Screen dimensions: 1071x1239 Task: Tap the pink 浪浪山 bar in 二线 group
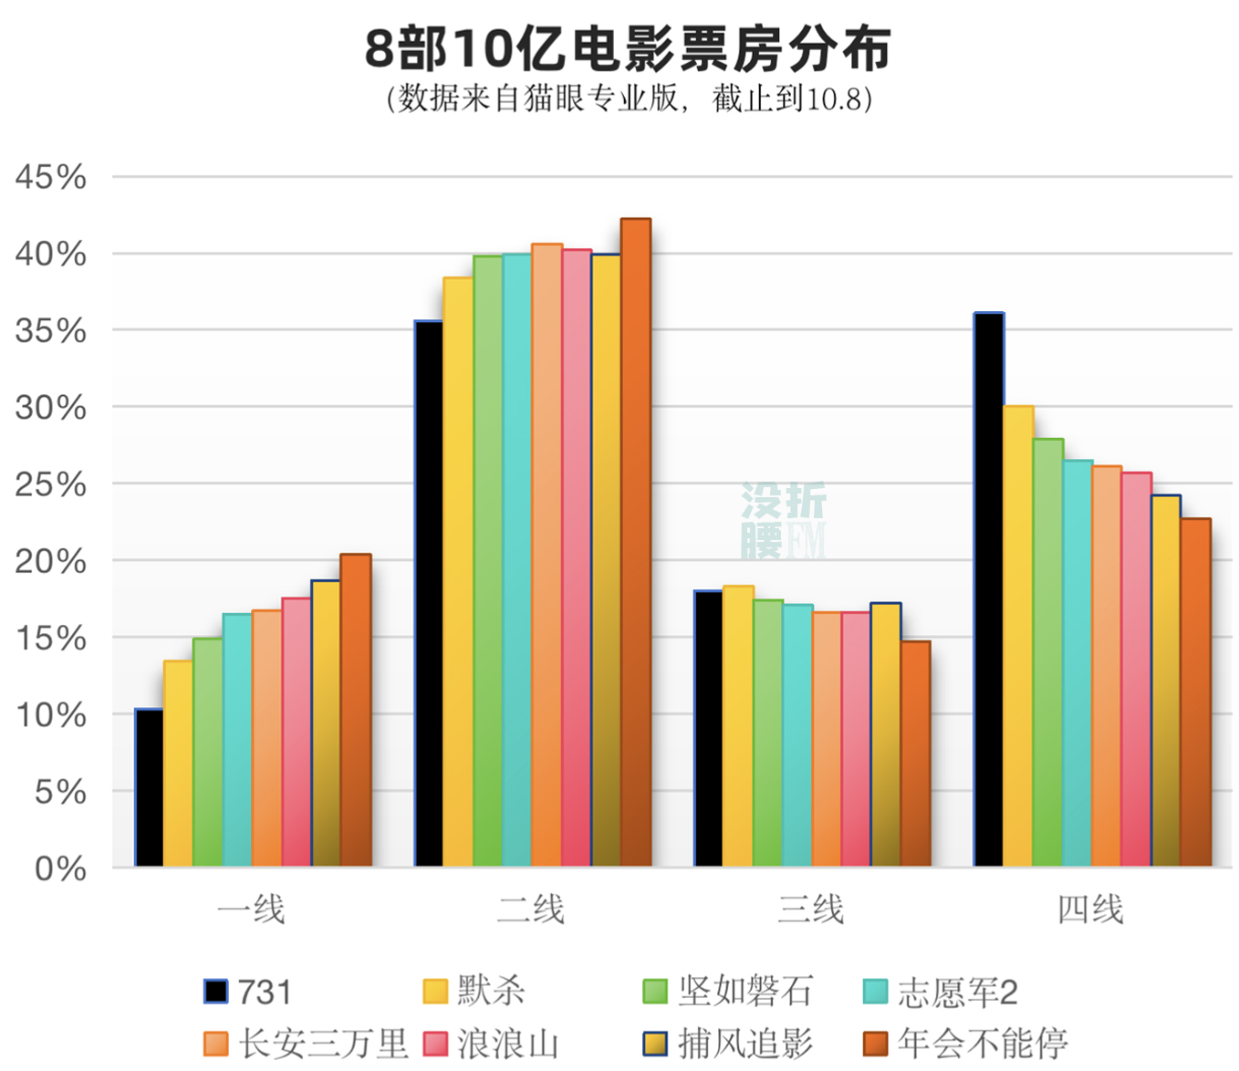click(x=577, y=557)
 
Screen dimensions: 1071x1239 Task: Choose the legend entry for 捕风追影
click(x=728, y=1044)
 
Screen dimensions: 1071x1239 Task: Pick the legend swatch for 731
click(x=215, y=992)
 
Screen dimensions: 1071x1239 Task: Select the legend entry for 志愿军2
click(x=940, y=992)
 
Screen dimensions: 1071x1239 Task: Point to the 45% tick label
click(x=51, y=177)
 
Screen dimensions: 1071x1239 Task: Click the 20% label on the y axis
click(x=51, y=561)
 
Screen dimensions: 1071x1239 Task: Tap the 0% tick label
click(x=60, y=868)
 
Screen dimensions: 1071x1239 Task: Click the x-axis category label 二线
click(x=531, y=910)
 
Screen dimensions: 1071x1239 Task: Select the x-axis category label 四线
click(x=1090, y=910)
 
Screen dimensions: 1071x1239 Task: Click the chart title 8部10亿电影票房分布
click(x=628, y=49)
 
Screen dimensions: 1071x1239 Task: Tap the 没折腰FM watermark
click(x=783, y=520)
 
